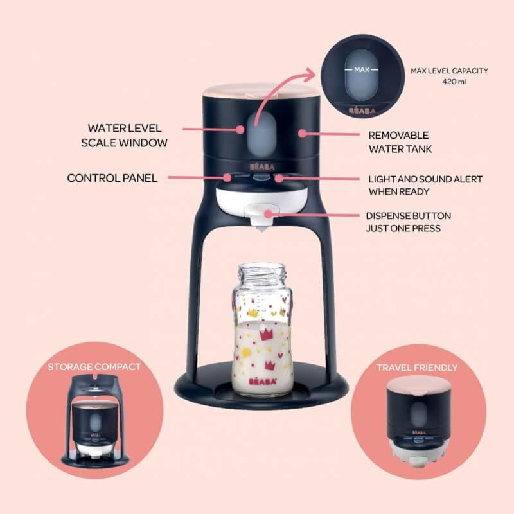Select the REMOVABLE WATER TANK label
pyautogui.click(x=398, y=142)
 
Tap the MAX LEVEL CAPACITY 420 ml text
pyautogui.click(x=448, y=75)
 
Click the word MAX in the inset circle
pyautogui.click(x=362, y=69)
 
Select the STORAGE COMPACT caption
pyautogui.click(x=94, y=368)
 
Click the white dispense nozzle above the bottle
pyautogui.click(x=262, y=226)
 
